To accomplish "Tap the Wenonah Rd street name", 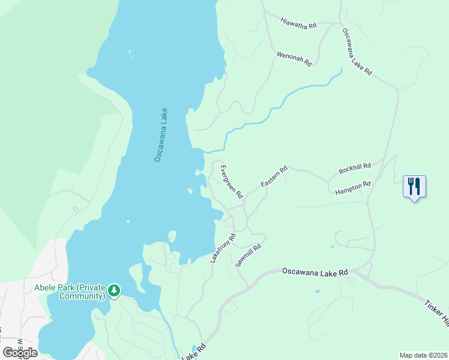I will pyautogui.click(x=294, y=58).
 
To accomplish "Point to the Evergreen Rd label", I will pyautogui.click(x=231, y=181).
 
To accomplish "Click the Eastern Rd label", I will pyautogui.click(x=274, y=176).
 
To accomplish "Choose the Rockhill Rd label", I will pyautogui.click(x=355, y=169).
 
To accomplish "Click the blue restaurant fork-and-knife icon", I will pyautogui.click(x=414, y=186).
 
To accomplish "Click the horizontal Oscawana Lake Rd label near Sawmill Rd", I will pyautogui.click(x=315, y=272).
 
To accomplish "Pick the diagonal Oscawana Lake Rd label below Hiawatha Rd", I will pyautogui.click(x=357, y=52).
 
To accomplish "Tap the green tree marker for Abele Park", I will pyautogui.click(x=114, y=291).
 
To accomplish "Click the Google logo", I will pyautogui.click(x=20, y=352).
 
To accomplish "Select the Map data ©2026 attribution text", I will pyautogui.click(x=424, y=355).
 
